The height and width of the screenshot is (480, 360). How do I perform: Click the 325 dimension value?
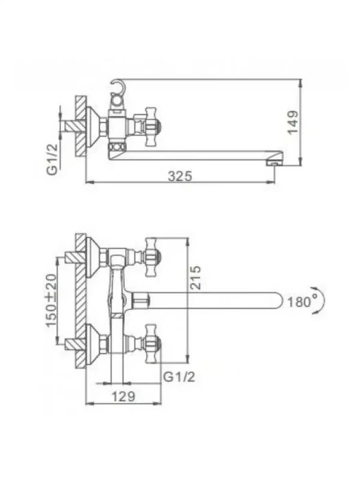click(180, 176)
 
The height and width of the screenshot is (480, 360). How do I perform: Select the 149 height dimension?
click(293, 122)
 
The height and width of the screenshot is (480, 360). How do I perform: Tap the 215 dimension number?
click(195, 277)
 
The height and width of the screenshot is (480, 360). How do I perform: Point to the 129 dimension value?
click(123, 396)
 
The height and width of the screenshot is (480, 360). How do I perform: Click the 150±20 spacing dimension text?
click(51, 300)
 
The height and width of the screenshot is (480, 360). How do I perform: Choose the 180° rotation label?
click(299, 302)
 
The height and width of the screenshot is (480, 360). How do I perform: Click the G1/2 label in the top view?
click(52, 159)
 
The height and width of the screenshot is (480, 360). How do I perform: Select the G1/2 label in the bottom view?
click(179, 377)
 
